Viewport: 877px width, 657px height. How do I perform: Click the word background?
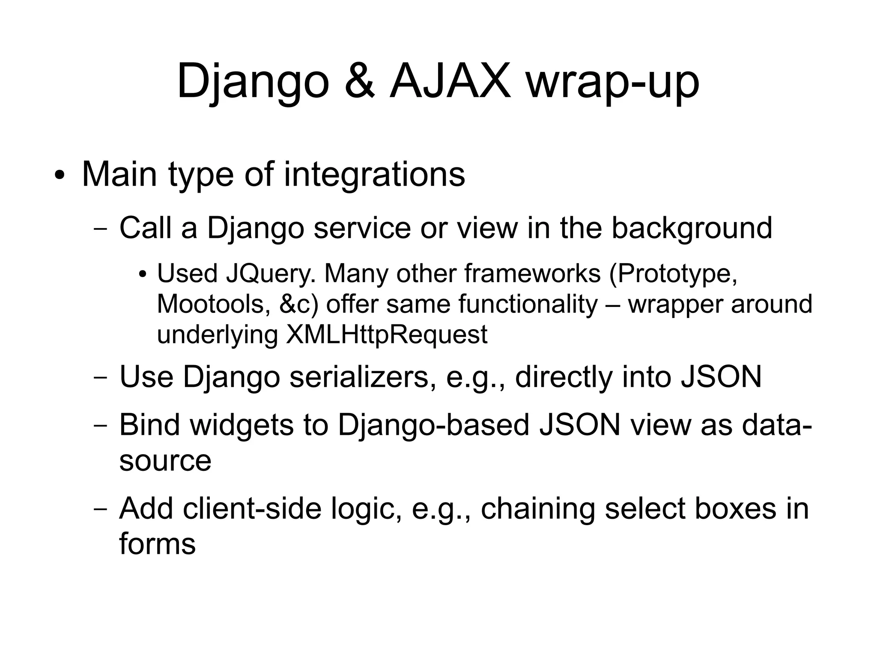pyautogui.click(x=692, y=229)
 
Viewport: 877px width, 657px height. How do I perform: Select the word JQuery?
pyautogui.click(x=271, y=274)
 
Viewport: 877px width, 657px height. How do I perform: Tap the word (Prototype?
pyautogui.click(x=673, y=274)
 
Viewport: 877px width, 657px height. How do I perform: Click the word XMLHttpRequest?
pyautogui.click(x=386, y=334)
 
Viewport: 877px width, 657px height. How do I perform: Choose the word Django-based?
pyautogui.click(x=433, y=425)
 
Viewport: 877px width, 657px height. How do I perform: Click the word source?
pyautogui.click(x=165, y=461)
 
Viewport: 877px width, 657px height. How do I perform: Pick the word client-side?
pyautogui.click(x=252, y=508)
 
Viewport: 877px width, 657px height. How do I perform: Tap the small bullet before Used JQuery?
pyautogui.click(x=143, y=274)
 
